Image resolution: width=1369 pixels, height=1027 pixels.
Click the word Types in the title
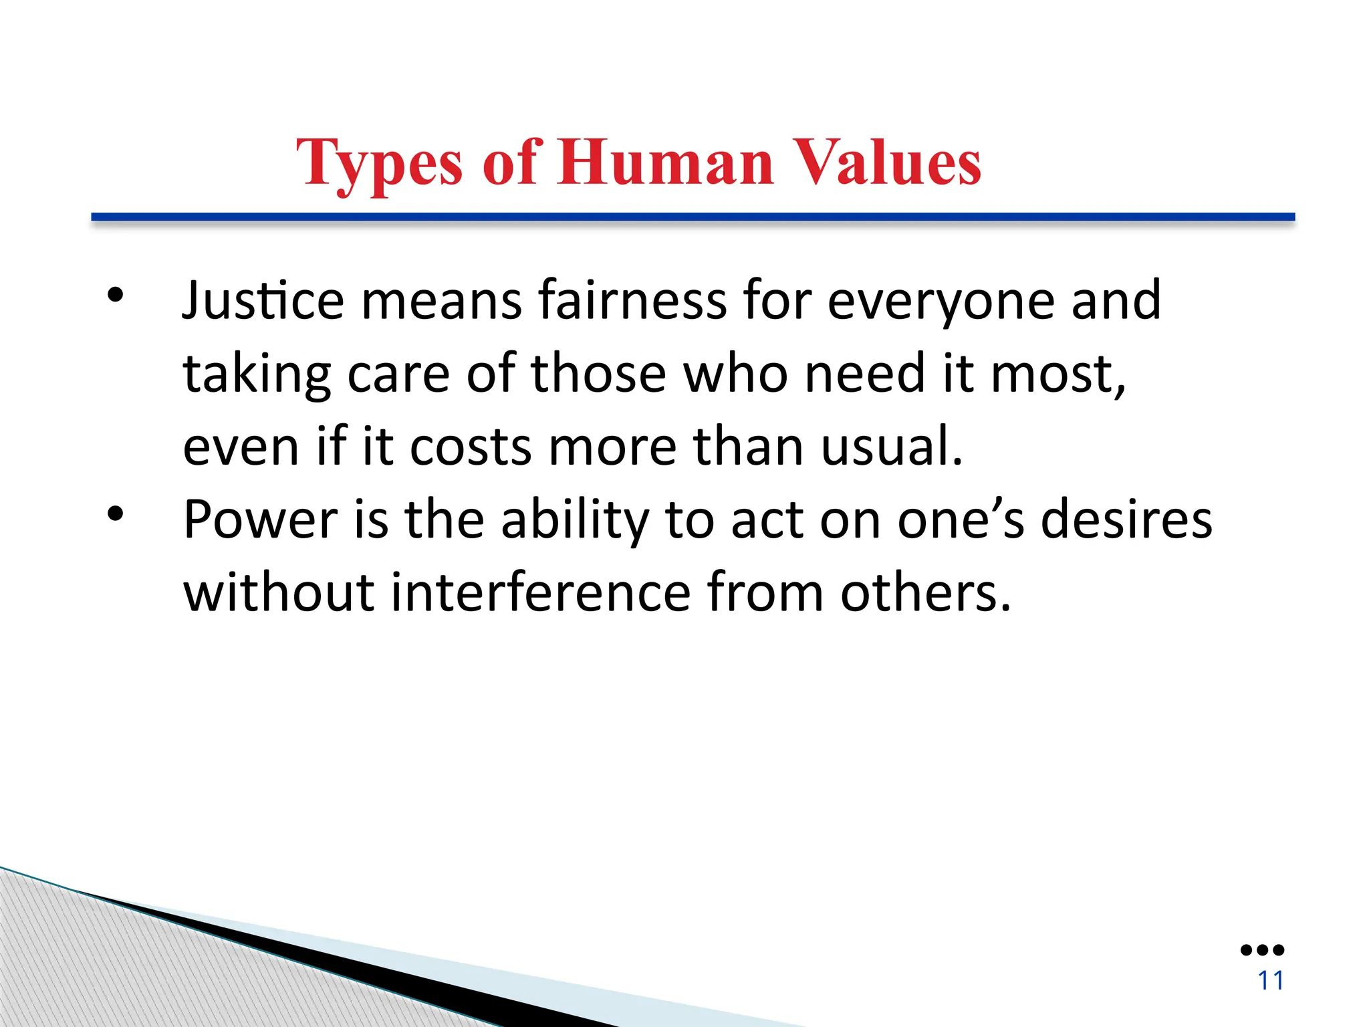coord(379,163)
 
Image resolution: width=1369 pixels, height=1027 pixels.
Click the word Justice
coord(263,301)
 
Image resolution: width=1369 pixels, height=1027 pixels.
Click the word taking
coord(257,374)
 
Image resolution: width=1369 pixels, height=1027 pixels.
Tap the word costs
coord(471,447)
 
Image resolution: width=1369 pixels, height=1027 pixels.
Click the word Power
coord(261,520)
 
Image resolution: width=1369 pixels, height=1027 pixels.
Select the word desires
coord(1126,520)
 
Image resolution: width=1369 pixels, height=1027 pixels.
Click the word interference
coord(540,592)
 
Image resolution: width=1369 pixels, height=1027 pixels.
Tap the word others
coord(925,592)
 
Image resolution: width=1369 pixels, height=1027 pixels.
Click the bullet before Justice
coord(116,295)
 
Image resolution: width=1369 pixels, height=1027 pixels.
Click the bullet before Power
coord(116,514)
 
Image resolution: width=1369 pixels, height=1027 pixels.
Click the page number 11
coord(1271,981)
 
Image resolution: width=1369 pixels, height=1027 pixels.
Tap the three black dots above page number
coord(1262,950)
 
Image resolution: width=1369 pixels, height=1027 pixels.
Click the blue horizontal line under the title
coord(693,217)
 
